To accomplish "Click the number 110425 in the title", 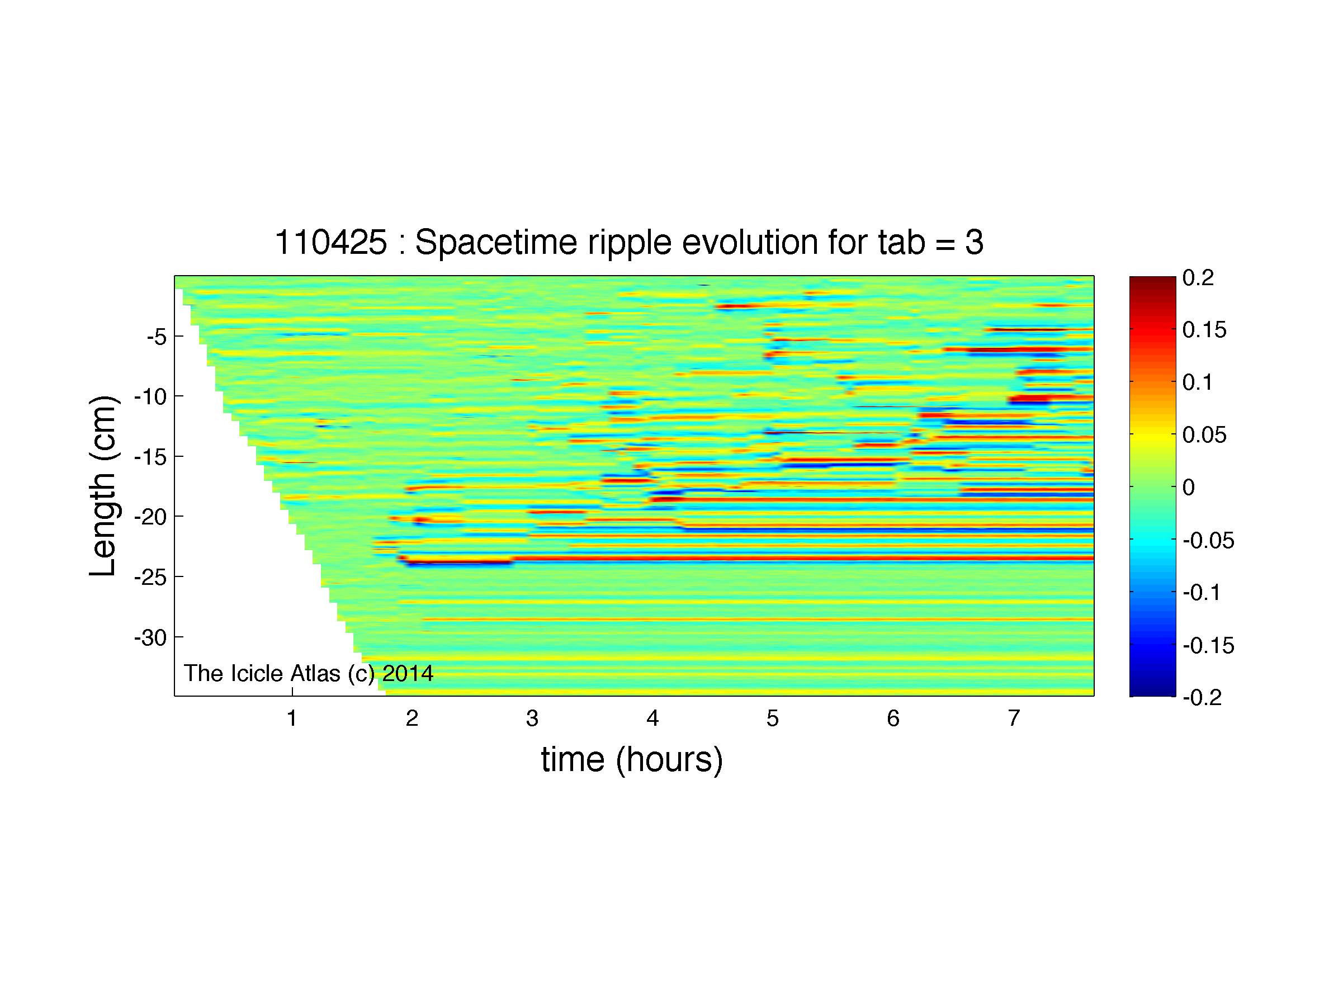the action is pyautogui.click(x=331, y=243).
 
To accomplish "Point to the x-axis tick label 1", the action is pyautogui.click(x=292, y=718).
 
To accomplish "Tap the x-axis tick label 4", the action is pyautogui.click(x=652, y=718).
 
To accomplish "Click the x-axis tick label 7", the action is pyautogui.click(x=1013, y=718).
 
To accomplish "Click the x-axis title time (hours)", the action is pyautogui.click(x=632, y=760).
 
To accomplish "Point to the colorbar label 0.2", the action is pyautogui.click(x=1198, y=278).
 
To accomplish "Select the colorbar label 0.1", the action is pyautogui.click(x=1198, y=382).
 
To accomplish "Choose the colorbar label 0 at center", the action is pyautogui.click(x=1189, y=488).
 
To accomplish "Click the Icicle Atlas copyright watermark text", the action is pyautogui.click(x=309, y=673).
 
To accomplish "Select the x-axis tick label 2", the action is pyautogui.click(x=412, y=718).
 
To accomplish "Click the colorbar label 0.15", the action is pyautogui.click(x=1204, y=330).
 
